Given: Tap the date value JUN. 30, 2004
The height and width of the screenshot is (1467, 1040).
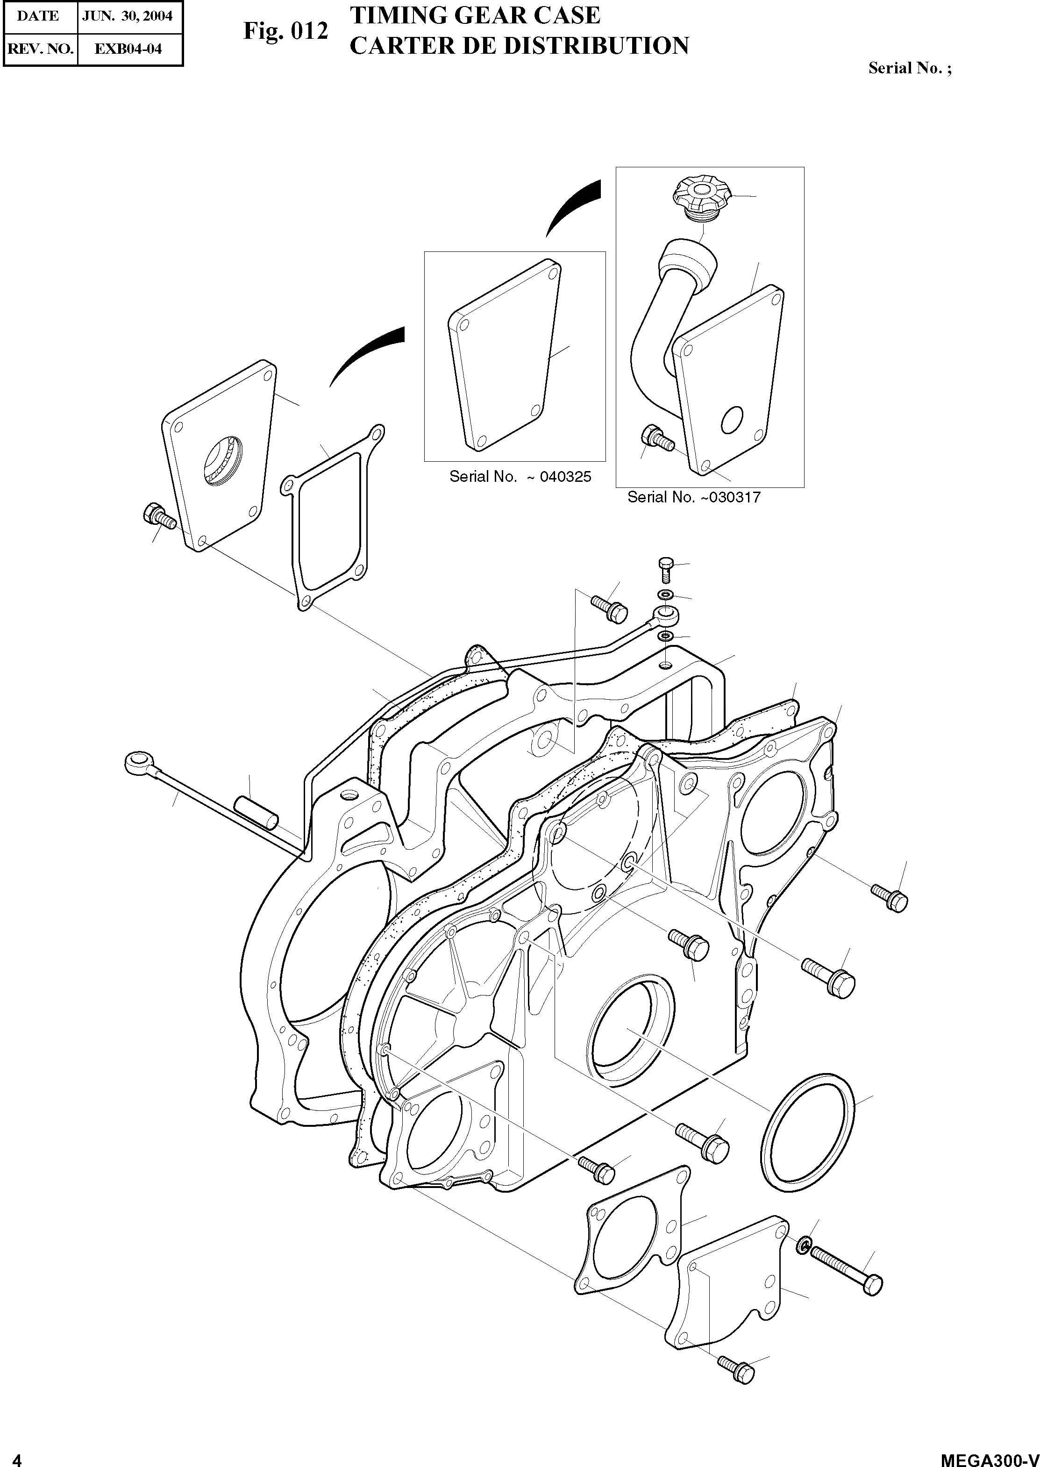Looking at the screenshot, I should pos(128,16).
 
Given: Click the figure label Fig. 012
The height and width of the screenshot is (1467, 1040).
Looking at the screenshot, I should pos(285,31).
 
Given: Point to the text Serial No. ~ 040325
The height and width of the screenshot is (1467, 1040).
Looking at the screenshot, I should pos(520,477).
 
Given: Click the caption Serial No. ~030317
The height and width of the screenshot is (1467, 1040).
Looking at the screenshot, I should pos(693,497).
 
